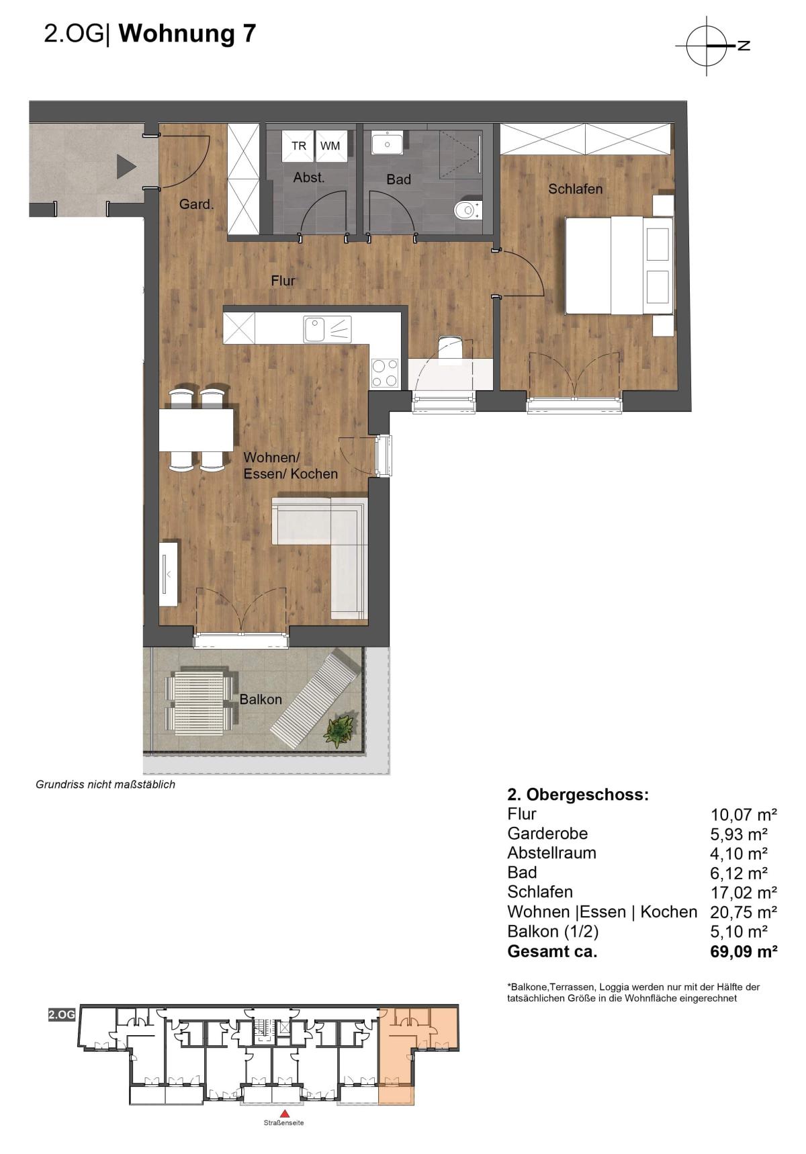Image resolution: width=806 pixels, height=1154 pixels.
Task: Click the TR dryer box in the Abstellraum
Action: (299, 145)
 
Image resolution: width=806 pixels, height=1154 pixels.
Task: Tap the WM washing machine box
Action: (330, 145)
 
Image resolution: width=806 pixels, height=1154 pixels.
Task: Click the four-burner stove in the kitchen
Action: (385, 373)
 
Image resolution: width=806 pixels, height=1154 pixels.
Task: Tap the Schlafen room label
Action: (576, 189)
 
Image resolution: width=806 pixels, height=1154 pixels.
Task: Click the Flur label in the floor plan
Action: (283, 281)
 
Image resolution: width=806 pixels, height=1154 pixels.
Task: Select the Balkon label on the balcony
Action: (261, 699)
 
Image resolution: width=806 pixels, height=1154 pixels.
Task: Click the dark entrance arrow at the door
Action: (126, 166)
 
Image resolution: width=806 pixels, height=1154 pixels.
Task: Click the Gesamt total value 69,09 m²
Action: (744, 951)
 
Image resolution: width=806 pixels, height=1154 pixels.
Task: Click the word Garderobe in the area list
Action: (547, 834)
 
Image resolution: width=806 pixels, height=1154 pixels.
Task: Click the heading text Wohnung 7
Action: (187, 34)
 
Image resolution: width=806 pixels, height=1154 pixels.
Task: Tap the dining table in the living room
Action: (196, 430)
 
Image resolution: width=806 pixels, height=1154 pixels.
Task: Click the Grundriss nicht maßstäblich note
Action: (105, 785)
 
